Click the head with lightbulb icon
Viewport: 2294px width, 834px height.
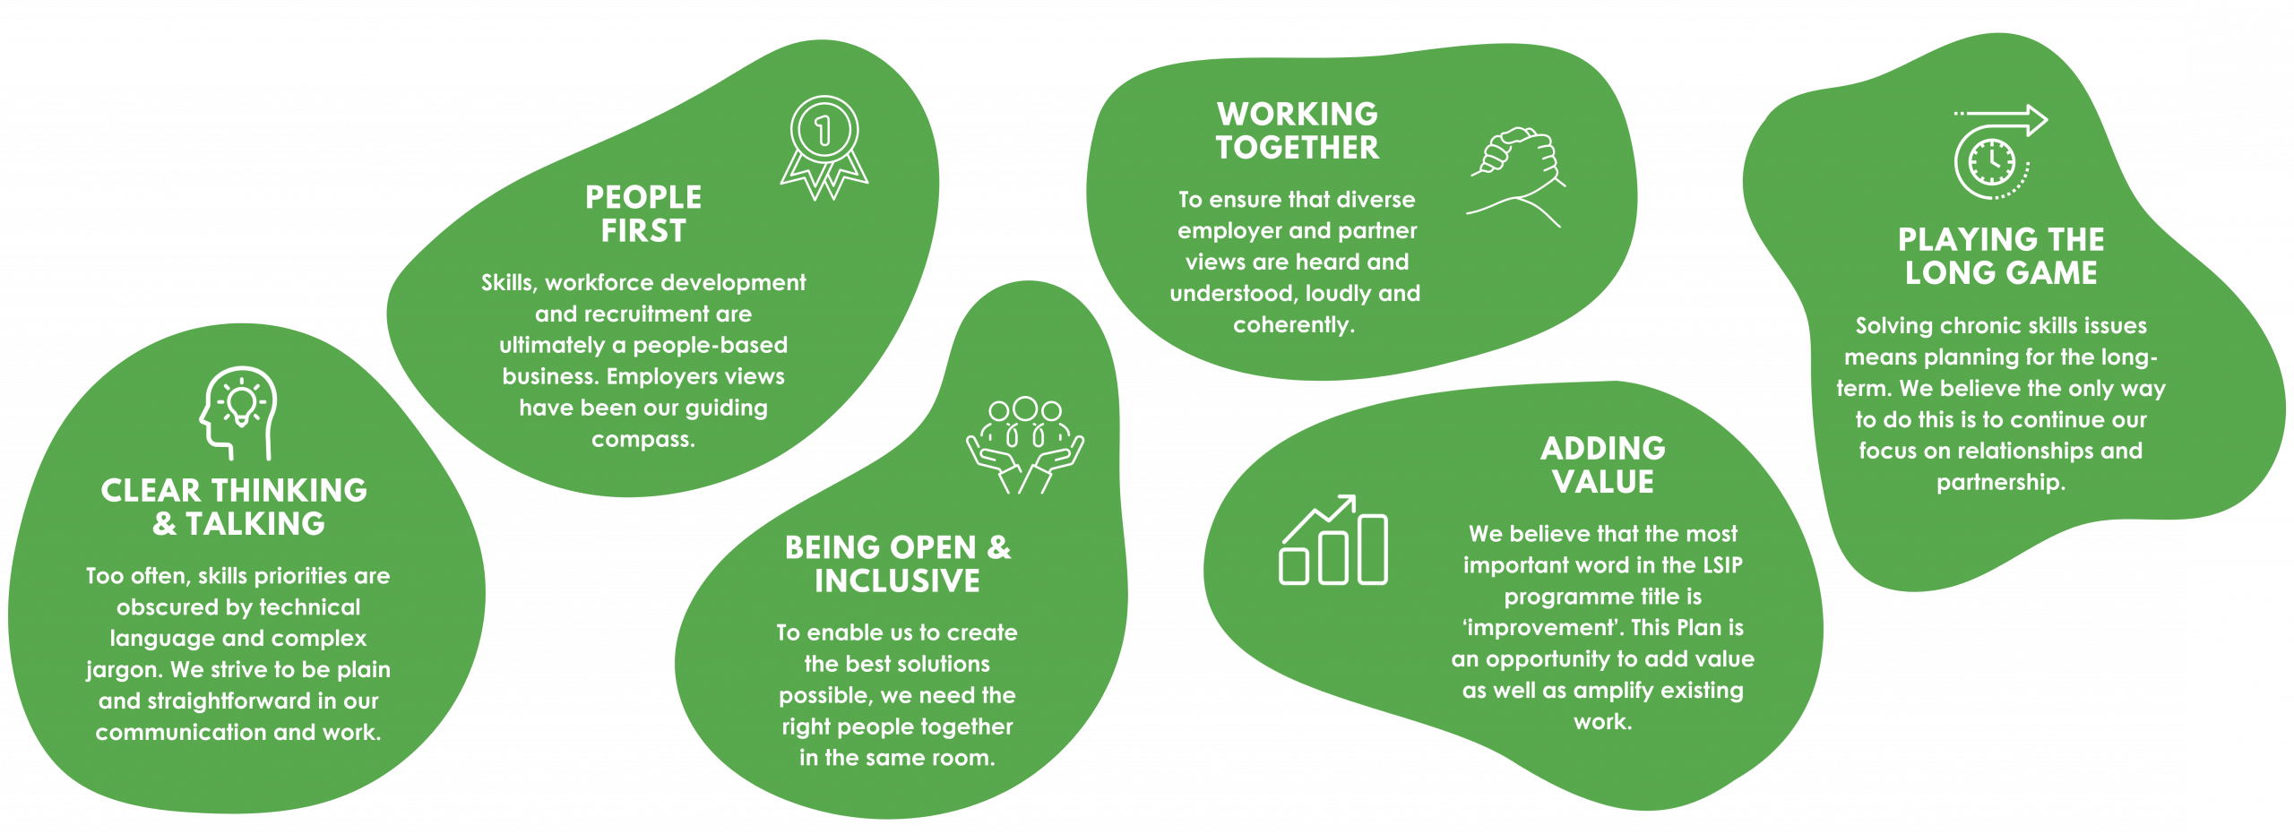coord(237,413)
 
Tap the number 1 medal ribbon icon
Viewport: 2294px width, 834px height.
coord(824,147)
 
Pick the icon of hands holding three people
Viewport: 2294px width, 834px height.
coord(1025,445)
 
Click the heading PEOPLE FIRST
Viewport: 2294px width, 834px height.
coord(643,214)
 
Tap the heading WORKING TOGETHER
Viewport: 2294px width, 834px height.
coord(1298,131)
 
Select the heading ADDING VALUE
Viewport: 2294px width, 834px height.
coord(1603,465)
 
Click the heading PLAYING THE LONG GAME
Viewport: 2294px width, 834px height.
coord(2001,256)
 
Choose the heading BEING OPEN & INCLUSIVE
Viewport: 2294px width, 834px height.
coord(897,563)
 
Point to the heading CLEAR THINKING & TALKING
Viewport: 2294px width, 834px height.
coord(235,506)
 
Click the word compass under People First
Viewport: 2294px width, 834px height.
coord(642,440)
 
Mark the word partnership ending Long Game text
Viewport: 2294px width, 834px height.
coord(1999,483)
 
